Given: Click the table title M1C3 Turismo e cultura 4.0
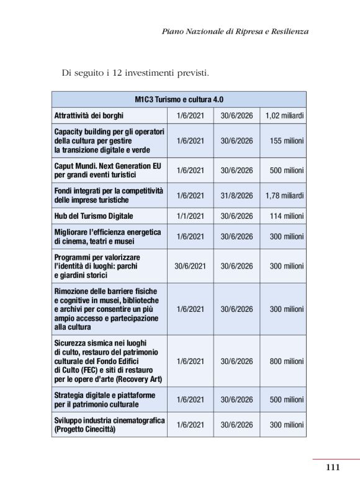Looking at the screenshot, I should click(179, 99).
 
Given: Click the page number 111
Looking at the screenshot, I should click(333, 468).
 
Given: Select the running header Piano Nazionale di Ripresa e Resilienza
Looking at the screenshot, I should click(235, 31).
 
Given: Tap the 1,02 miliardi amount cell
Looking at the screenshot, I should click(284, 115).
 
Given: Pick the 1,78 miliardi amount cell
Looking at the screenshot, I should click(284, 195).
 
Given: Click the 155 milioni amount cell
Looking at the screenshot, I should click(286, 141).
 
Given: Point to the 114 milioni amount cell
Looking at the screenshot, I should click(286, 216).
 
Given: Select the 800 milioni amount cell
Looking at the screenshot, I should click(286, 361).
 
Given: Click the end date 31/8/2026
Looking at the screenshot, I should click(236, 195).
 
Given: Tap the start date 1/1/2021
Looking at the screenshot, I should click(190, 216).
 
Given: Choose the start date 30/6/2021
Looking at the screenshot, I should click(190, 266).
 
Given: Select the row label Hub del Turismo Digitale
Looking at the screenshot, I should click(94, 216).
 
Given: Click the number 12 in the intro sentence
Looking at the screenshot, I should click(114, 73).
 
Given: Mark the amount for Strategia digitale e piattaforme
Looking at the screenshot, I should click(286, 399).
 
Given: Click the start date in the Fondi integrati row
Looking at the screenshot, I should click(190, 195).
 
